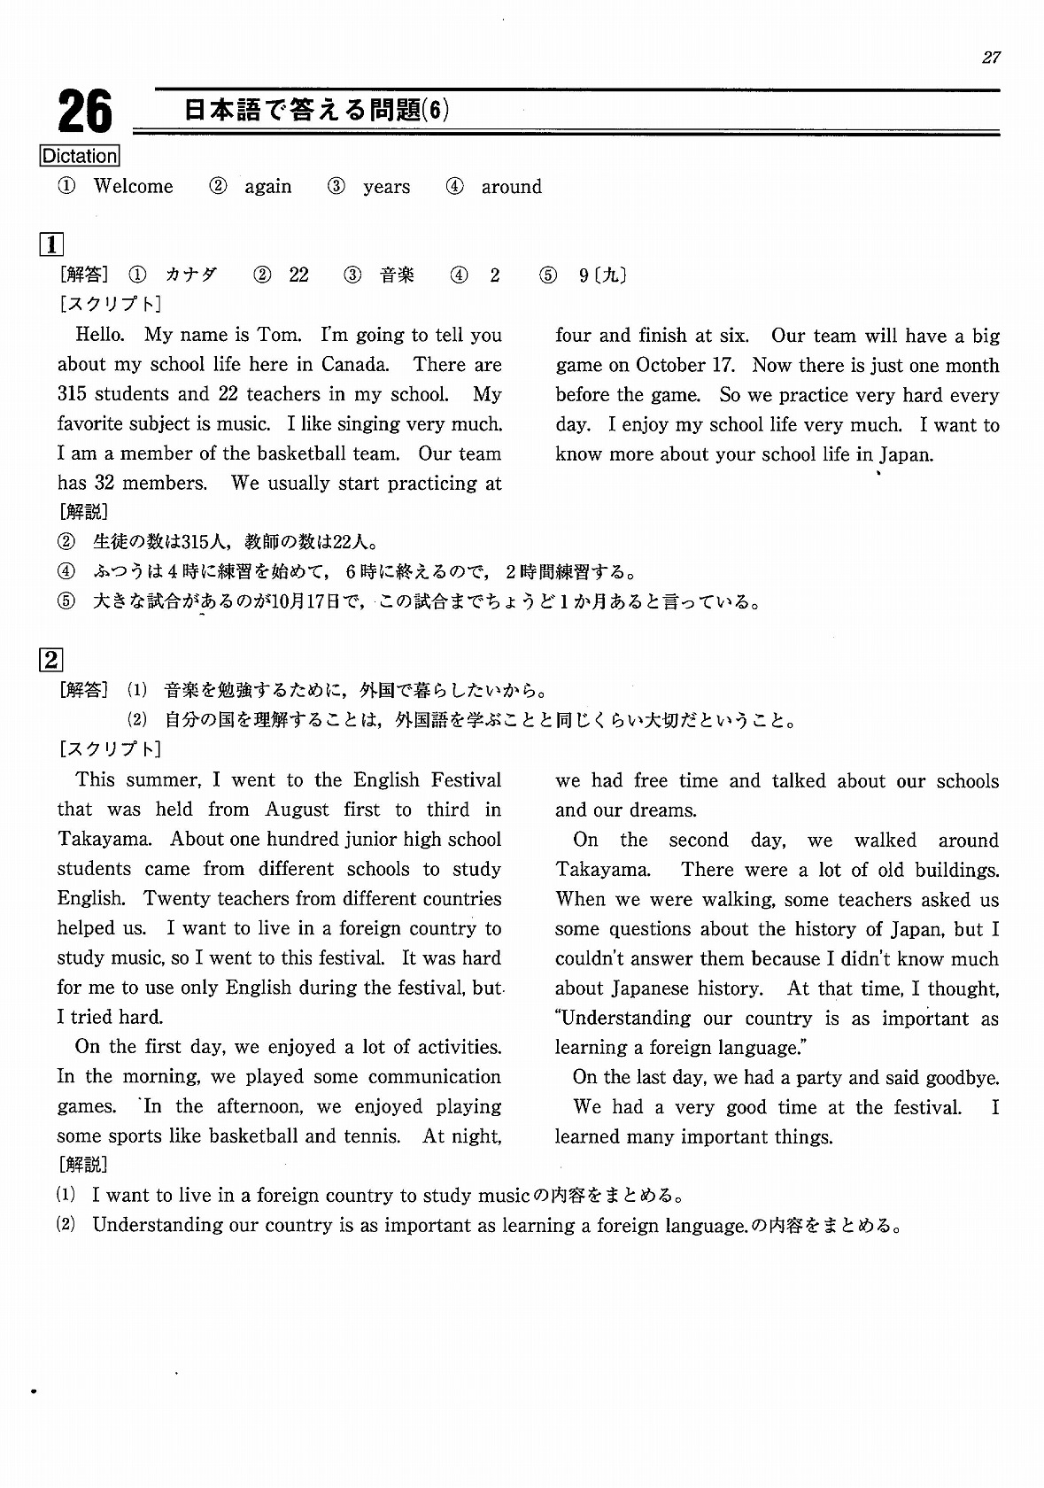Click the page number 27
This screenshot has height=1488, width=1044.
click(x=991, y=58)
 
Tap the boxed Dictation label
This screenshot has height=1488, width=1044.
click(x=80, y=157)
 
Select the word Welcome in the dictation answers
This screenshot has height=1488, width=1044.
click(x=134, y=187)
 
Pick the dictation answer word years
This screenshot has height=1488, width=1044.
click(x=386, y=188)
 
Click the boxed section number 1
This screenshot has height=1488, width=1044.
click(x=51, y=244)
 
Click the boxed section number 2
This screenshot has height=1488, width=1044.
click(x=51, y=660)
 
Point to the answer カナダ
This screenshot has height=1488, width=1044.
click(x=191, y=275)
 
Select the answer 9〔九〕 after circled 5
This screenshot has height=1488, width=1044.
click(x=602, y=275)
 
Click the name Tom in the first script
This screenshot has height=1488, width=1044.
click(x=278, y=335)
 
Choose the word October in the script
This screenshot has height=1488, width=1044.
click(x=671, y=366)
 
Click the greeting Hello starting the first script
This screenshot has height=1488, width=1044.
click(x=100, y=335)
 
